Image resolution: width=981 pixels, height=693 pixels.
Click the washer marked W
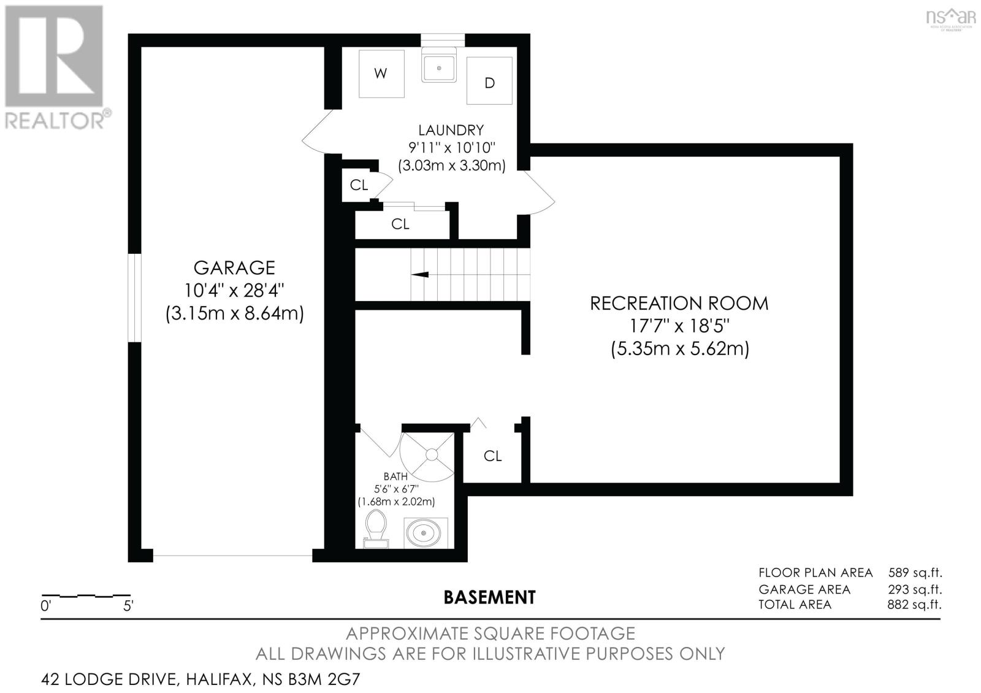pos(381,74)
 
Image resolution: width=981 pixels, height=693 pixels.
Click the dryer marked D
pos(489,82)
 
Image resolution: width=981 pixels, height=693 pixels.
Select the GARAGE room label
pos(234,268)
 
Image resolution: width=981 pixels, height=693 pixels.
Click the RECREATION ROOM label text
pos(679,304)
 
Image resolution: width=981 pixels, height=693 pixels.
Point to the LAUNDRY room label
pos(451,130)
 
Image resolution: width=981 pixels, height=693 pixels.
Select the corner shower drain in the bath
pos(432,454)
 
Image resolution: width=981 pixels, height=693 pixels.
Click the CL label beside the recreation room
pos(492,456)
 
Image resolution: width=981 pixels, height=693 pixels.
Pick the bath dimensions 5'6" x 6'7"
pos(396,489)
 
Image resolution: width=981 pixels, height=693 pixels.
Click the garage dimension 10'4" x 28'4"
pos(234,290)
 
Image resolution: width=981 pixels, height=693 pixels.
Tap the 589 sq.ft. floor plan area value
pos(915,573)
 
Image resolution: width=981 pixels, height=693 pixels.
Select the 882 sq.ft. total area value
pos(914,605)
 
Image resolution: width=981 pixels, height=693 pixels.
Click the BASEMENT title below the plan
pos(489,597)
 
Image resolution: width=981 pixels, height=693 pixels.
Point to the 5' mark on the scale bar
pos(128,607)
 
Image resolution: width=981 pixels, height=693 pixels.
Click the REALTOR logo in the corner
pos(55,67)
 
